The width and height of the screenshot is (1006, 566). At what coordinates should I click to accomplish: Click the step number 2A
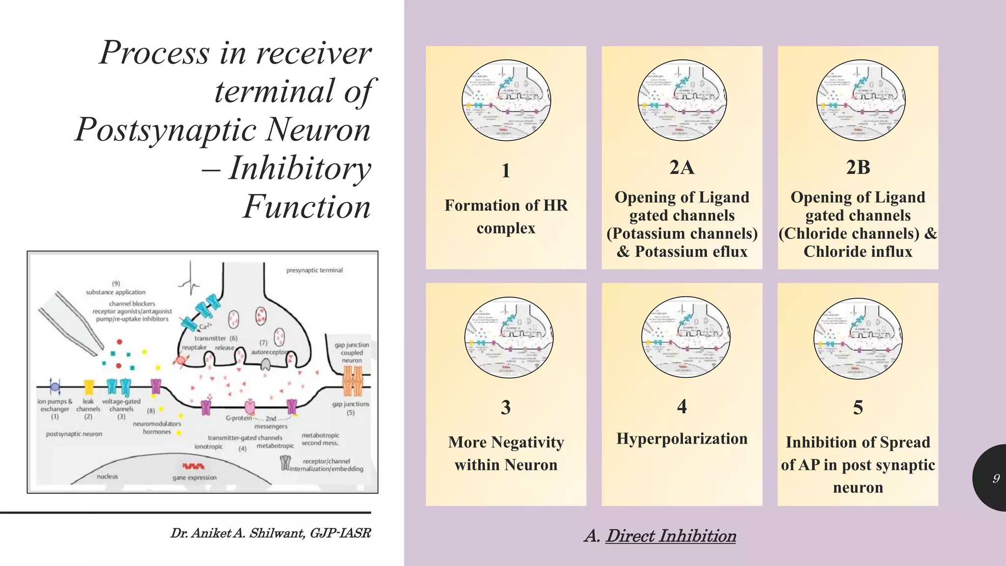click(682, 168)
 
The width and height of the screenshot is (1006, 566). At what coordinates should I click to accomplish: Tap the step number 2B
click(858, 168)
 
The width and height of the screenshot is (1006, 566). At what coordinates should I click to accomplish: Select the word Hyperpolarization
click(682, 438)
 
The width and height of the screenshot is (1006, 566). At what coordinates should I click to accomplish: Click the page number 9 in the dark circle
click(996, 478)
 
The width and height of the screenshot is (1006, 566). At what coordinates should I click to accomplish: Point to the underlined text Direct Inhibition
click(671, 536)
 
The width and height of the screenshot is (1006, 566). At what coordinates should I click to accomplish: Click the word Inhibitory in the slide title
click(300, 168)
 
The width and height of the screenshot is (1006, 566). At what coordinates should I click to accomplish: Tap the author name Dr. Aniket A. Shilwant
click(238, 533)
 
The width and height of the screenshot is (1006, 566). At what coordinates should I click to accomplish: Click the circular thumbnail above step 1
click(506, 100)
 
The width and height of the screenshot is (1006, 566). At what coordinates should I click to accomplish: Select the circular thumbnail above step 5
click(858, 338)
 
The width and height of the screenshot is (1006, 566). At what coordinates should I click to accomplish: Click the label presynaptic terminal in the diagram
click(314, 270)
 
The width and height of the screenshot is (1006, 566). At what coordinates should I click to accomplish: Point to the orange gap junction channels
click(352, 381)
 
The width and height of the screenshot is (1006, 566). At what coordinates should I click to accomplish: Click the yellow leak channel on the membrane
click(89, 387)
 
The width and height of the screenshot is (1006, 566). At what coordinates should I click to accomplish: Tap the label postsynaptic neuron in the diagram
click(74, 434)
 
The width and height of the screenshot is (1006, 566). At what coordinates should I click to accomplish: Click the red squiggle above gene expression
click(193, 466)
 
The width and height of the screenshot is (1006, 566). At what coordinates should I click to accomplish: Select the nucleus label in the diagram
click(107, 476)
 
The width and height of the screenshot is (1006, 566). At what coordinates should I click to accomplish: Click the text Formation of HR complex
click(506, 216)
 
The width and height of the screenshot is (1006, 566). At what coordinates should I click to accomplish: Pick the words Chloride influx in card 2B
click(858, 252)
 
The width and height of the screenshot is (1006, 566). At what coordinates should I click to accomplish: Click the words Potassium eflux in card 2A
click(691, 252)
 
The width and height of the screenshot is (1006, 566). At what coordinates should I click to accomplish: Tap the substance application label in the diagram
click(115, 292)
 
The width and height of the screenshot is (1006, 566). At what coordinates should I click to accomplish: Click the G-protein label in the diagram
click(238, 418)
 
